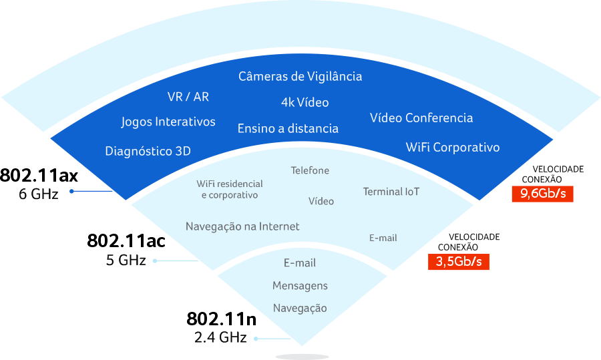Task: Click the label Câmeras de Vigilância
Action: (300, 76)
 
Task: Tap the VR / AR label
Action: (188, 97)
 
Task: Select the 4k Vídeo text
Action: (305, 102)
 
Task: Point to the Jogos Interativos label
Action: (168, 122)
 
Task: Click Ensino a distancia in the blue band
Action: (288, 128)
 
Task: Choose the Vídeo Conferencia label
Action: (421, 118)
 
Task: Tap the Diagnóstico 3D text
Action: (148, 151)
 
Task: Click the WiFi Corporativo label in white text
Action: (453, 147)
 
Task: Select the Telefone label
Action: (310, 170)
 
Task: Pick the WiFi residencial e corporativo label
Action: (230, 189)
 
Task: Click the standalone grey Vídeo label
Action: (321, 201)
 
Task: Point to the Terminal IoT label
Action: (391, 192)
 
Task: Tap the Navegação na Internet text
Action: (242, 226)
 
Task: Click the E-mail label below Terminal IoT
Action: (383, 238)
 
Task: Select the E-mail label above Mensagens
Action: (300, 263)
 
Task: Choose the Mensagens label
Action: (300, 286)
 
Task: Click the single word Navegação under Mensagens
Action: (300, 308)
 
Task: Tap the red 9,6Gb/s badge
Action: (543, 194)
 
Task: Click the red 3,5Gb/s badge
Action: (459, 261)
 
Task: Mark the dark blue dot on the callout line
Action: (71, 192)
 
